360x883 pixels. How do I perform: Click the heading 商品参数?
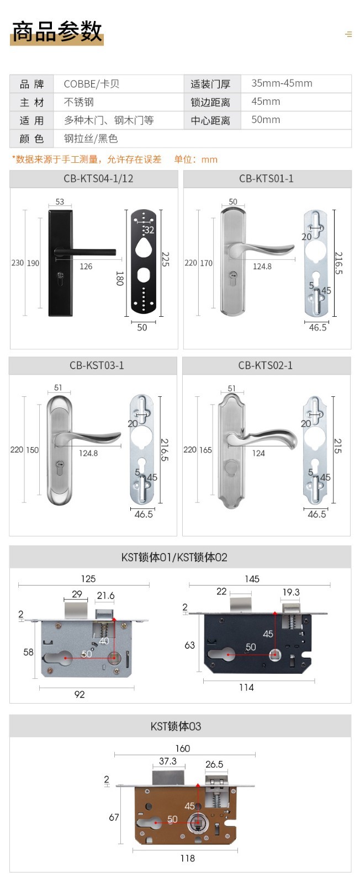coord(57,31)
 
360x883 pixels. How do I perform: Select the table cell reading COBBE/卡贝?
coord(92,84)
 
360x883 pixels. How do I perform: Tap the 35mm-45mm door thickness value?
coord(282,83)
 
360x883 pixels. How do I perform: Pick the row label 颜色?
coord(31,139)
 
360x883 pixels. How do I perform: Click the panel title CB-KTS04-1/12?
coord(98,179)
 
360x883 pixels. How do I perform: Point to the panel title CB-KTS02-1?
coord(266,365)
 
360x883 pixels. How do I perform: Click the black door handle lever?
coord(85,252)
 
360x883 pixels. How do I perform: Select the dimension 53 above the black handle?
coord(60,201)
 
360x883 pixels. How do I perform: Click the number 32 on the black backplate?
coord(149,230)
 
